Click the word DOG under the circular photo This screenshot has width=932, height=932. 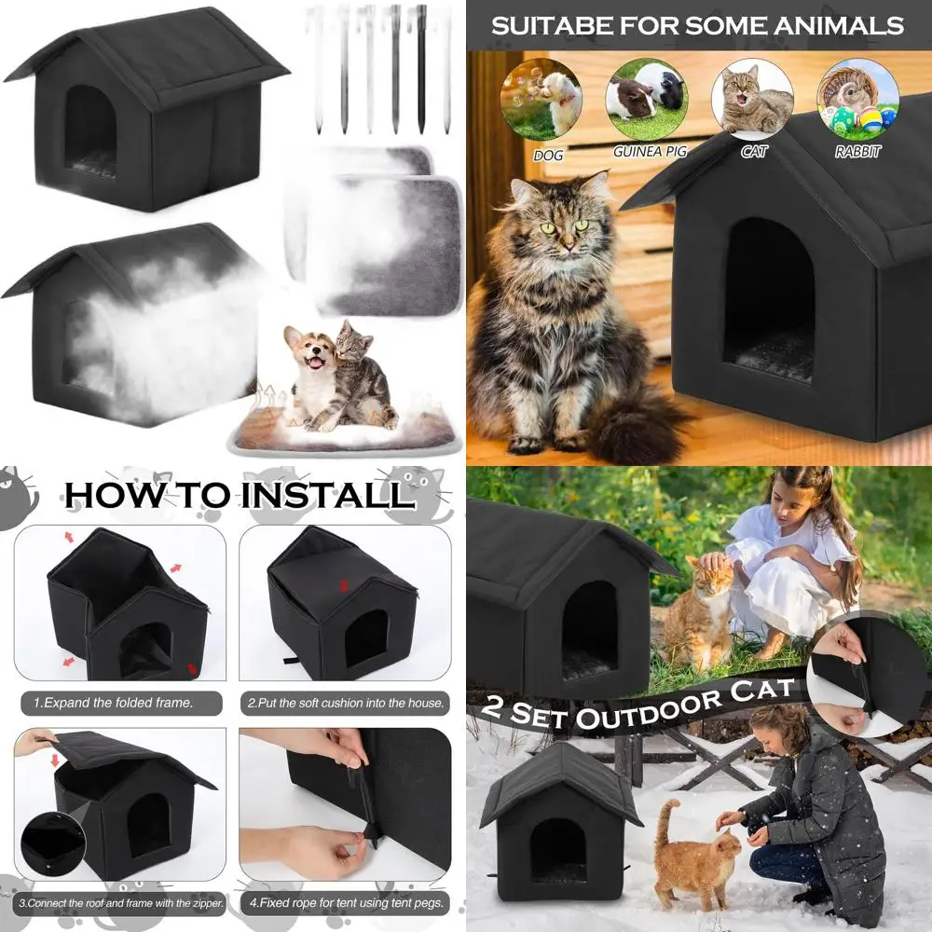(548, 156)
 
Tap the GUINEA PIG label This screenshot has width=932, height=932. (650, 152)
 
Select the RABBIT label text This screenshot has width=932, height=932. (857, 152)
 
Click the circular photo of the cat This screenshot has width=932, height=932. (752, 100)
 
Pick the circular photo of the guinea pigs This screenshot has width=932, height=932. (647, 100)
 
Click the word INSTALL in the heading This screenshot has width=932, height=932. (328, 495)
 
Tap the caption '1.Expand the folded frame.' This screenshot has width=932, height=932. (113, 703)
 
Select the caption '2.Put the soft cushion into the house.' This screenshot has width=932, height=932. (346, 703)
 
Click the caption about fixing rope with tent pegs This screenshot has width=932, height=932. (346, 903)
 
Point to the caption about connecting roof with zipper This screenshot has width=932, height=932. (120, 903)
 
